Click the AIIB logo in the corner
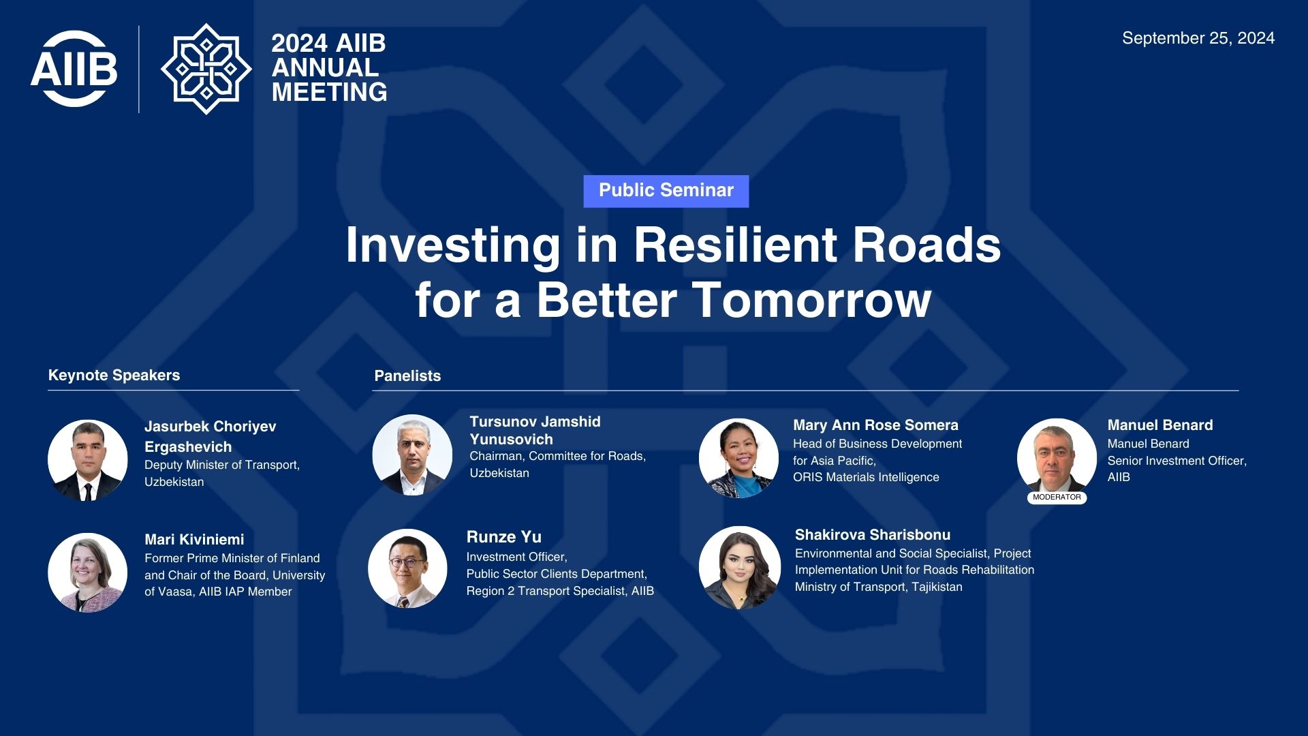74,69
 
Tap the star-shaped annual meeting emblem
206,69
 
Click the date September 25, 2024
1198,38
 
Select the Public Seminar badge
666,191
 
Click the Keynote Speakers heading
114,375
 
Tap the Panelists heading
407,376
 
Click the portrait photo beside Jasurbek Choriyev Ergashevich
88,460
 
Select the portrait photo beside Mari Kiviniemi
88,572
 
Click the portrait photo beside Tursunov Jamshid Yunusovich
412,455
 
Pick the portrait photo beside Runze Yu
407,568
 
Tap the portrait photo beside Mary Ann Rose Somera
738,458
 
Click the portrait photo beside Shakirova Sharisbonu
740,567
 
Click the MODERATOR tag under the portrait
1057,497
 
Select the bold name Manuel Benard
1160,425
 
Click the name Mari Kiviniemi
194,540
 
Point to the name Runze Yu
504,537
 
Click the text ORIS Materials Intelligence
866,478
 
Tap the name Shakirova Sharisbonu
873,535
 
